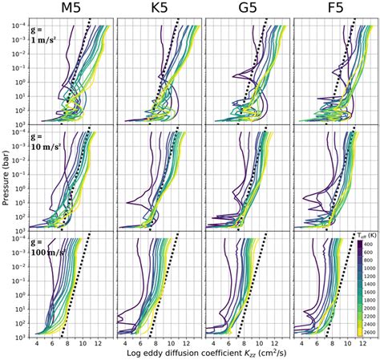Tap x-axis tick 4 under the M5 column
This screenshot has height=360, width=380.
click(38, 342)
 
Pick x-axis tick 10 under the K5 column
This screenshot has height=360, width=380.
click(169, 342)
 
